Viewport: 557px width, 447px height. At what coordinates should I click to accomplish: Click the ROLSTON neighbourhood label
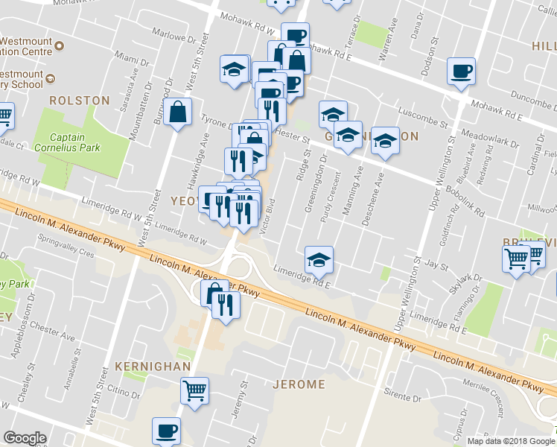tap(80, 100)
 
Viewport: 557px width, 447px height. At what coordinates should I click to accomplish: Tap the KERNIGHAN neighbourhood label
tap(153, 367)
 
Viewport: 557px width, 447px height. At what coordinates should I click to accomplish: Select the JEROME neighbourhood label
tap(299, 384)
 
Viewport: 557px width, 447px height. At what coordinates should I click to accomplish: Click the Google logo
tap(25, 438)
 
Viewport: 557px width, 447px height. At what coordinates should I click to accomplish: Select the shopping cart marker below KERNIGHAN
tap(194, 390)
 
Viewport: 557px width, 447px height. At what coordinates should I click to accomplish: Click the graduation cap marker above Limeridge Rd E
tap(319, 260)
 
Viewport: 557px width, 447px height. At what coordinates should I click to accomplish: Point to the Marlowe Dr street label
tap(172, 34)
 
